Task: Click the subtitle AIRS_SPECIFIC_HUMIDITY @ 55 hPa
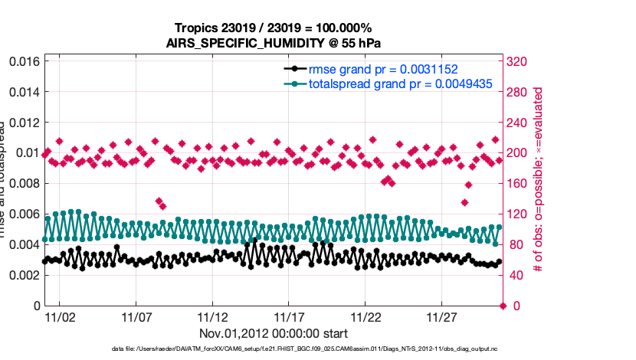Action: [272, 43]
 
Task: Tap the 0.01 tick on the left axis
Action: [25, 152]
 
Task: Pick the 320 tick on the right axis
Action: [520, 61]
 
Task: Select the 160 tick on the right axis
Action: [520, 183]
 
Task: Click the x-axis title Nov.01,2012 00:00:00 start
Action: [274, 333]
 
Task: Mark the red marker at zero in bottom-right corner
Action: [503, 306]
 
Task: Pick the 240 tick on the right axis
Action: [520, 122]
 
